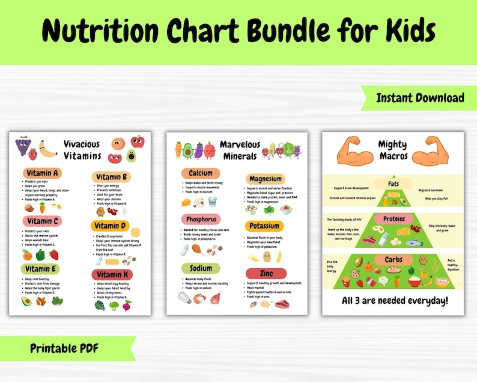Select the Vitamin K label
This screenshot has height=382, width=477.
click(x=111, y=274)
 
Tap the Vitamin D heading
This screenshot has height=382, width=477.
click(x=111, y=226)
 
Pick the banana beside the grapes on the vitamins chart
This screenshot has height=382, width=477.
click(x=47, y=148)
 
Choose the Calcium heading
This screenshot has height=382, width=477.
click(x=200, y=173)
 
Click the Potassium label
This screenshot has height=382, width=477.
click(x=264, y=226)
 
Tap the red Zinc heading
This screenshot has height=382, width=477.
click(x=265, y=274)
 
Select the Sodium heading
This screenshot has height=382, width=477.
click(x=200, y=268)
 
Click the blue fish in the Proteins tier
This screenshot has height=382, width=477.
click(x=414, y=243)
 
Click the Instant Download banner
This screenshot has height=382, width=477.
click(x=420, y=98)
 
